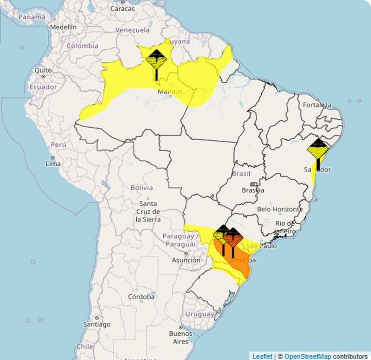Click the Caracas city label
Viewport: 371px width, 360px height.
click(x=122, y=8)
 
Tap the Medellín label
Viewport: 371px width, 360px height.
click(x=63, y=28)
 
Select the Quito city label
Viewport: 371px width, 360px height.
click(x=43, y=70)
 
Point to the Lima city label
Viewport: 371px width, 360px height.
click(x=53, y=163)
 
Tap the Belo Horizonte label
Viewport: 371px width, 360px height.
click(x=280, y=209)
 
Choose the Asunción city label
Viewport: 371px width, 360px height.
click(x=185, y=260)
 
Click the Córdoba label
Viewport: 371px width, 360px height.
click(x=141, y=297)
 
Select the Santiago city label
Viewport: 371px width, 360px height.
click(x=97, y=324)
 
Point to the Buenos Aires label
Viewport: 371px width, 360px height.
click(x=181, y=337)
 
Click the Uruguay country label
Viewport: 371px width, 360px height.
click(x=200, y=314)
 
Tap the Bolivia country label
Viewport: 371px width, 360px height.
click(x=142, y=187)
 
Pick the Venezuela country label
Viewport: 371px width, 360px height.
click(x=132, y=30)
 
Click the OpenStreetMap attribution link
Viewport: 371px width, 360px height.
click(x=307, y=356)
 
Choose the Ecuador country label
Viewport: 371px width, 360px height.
click(x=43, y=87)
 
